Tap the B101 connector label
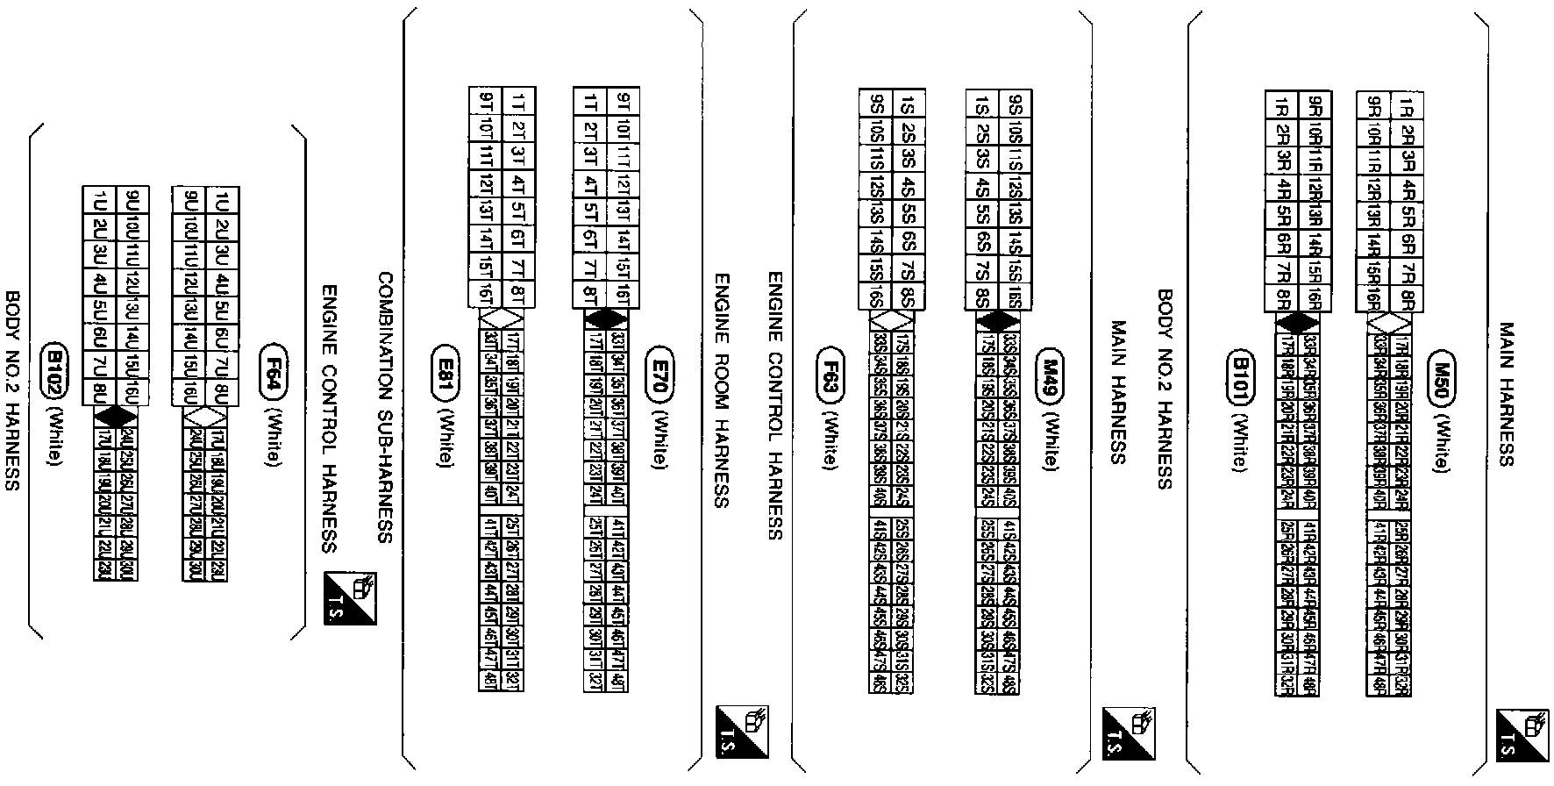pos(1240,378)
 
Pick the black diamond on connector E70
pos(601,321)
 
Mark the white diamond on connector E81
pos(495,321)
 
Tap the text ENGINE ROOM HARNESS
pos(721,390)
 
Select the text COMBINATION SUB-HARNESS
pos(385,407)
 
